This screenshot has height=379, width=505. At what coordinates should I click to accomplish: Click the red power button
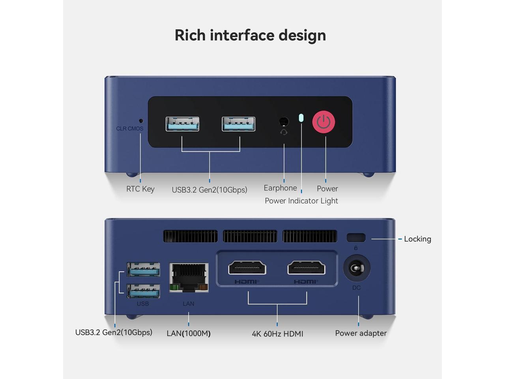324,122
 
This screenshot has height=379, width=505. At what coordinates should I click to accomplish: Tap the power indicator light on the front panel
301,118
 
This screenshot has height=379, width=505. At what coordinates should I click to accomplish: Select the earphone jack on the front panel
284,122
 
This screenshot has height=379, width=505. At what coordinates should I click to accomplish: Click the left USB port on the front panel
182,124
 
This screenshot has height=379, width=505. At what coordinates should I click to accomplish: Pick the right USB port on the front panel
238,124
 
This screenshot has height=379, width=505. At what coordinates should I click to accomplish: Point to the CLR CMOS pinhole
141,121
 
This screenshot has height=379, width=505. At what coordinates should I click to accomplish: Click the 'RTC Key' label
140,189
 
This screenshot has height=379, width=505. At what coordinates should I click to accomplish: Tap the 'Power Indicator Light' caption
301,201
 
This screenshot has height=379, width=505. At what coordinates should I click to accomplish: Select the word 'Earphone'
280,188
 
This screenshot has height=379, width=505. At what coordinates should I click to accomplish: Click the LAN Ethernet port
189,277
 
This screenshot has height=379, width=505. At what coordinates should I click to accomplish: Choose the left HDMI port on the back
247,268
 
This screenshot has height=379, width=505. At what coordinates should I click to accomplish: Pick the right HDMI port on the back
306,268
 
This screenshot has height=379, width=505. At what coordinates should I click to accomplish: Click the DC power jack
356,268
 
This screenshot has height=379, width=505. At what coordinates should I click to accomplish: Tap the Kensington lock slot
356,237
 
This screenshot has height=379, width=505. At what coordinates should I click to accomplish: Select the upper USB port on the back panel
144,270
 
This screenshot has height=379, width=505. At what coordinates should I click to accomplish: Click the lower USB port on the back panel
144,291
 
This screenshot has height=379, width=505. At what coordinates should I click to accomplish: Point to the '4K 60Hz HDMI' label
277,334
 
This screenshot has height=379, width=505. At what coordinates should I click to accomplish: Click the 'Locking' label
417,239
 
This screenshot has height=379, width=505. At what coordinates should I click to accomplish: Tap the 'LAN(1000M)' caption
189,333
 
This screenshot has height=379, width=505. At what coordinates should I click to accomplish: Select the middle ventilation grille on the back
250,236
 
